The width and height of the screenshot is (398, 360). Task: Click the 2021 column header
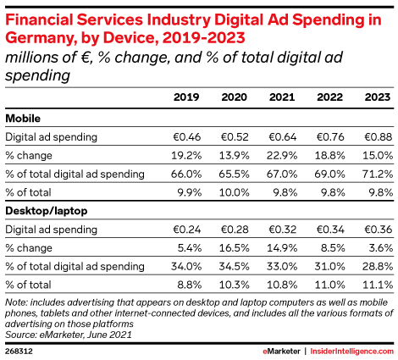282,97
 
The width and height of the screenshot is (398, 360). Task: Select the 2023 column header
378,97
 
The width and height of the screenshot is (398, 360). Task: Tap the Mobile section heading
23,118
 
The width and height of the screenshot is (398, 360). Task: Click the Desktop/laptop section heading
47,211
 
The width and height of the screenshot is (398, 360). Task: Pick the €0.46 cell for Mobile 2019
186,137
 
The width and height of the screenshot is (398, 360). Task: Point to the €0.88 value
379,137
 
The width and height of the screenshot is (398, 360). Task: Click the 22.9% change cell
282,155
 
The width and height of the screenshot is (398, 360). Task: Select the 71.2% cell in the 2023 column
378,174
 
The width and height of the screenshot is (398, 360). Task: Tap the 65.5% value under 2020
234,174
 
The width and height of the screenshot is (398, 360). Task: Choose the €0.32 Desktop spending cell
283,230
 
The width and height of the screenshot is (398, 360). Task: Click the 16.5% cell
235,248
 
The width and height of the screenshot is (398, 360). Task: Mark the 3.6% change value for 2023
381,248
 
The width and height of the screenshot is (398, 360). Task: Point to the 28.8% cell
378,266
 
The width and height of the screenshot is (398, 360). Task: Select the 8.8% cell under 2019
190,285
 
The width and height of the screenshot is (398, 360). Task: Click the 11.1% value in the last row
378,285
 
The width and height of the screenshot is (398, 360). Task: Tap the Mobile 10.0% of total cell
235,192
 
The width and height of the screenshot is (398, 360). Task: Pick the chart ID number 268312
19,352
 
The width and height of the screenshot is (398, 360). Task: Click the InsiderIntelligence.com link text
351,352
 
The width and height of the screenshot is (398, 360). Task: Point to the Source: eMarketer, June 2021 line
69,335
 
